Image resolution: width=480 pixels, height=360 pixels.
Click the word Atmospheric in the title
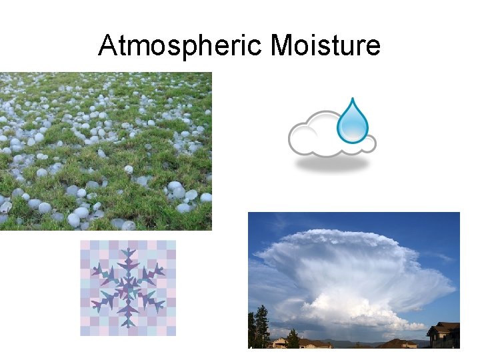pos(181,46)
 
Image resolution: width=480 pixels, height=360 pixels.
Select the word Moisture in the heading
pos(326,46)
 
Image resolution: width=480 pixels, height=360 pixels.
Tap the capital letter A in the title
pos(107,46)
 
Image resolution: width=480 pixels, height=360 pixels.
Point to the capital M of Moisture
pos(283,46)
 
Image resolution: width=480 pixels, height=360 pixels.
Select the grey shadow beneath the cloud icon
pos(331,164)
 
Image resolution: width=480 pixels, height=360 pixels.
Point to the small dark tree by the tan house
pos(292,339)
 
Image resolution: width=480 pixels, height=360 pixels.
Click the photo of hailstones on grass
pos(105,151)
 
